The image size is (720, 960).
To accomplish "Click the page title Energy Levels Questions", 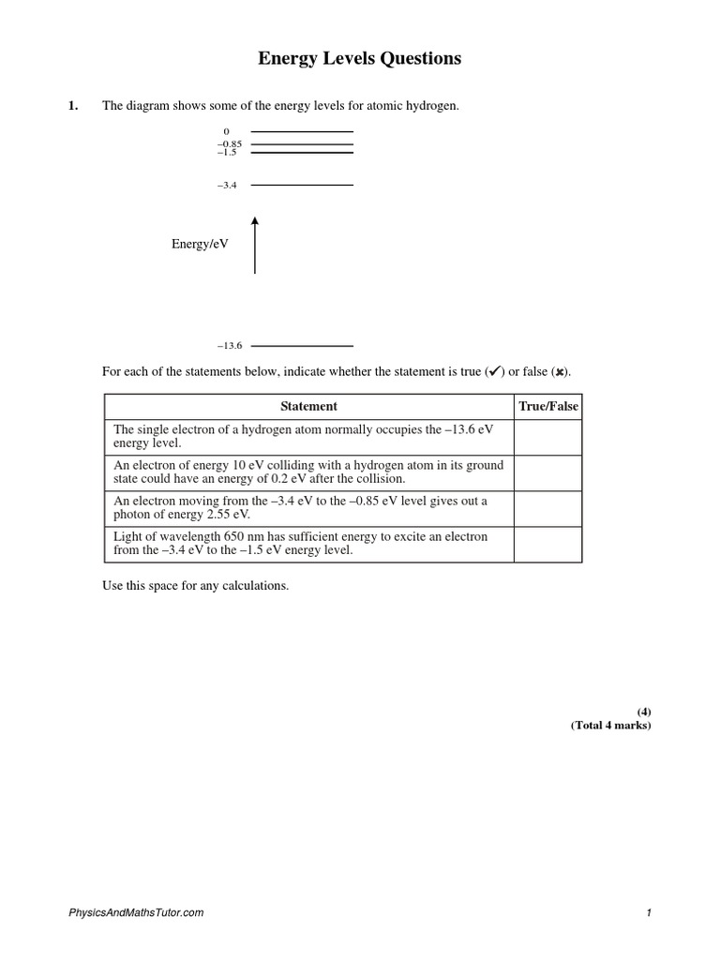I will point(360,59).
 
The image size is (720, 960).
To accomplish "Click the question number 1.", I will point(72,106).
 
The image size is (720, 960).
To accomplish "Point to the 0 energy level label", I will point(226,131).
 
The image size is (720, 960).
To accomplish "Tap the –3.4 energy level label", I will point(227,186).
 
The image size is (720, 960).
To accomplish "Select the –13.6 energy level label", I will point(230,346).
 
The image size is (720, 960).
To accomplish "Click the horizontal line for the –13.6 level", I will point(302,346).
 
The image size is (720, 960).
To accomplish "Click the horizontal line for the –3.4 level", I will point(302,186).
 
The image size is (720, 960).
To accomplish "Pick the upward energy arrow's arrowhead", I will point(255,221).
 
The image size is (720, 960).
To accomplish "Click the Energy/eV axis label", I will point(200,244).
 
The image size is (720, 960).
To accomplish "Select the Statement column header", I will point(309,406).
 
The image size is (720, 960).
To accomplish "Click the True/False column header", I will point(549,406).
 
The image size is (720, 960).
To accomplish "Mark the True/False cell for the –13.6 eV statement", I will point(549,437).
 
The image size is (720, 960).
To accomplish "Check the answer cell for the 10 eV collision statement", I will point(549,472).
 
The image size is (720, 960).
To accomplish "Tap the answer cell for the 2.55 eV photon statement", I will point(549,508).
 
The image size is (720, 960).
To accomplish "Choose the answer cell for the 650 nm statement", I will point(549,544).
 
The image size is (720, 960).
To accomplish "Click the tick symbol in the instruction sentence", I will point(494,371).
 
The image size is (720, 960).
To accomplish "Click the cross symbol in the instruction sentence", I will point(559,372).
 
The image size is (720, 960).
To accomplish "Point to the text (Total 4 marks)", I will point(610,726).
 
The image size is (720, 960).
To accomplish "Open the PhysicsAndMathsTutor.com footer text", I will point(136,912).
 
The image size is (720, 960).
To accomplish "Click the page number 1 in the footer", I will point(648,912).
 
